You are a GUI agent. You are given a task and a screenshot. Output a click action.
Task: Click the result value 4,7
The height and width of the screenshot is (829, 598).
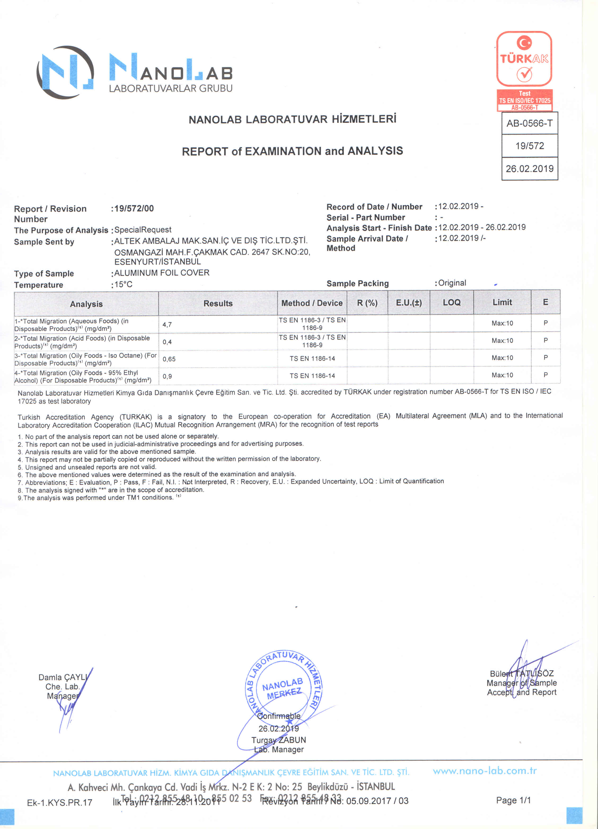pos(167,325)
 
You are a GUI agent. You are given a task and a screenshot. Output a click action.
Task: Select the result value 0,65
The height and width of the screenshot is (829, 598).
pos(169,359)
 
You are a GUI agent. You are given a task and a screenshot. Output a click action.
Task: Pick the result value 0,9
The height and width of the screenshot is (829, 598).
pos(167,376)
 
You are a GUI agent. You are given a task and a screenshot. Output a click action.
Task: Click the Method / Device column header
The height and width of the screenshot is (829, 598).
pos(312,303)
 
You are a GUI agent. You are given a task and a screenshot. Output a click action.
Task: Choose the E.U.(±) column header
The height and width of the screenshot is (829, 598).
pos(409,303)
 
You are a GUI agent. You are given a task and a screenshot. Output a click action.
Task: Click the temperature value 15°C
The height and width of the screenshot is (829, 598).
pos(123,284)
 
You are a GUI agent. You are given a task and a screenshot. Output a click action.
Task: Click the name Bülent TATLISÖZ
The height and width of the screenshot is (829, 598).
pos(522,673)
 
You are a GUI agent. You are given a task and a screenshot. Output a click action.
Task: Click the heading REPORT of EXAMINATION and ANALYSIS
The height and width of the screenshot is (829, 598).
pos(292,151)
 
